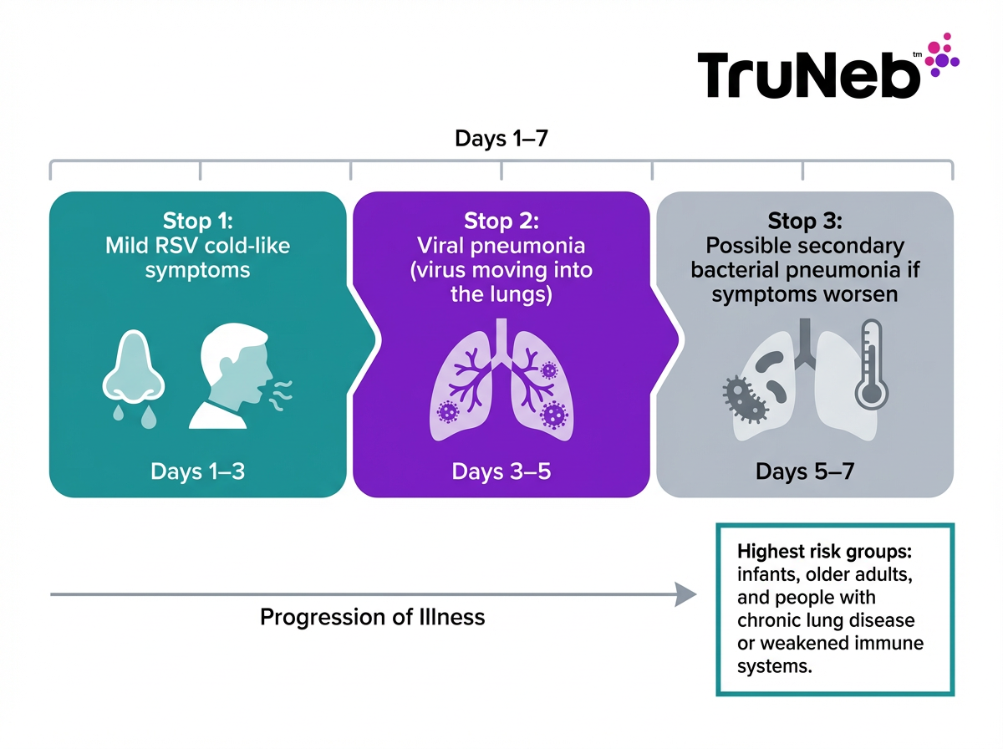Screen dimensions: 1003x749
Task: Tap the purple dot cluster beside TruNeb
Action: coord(941,56)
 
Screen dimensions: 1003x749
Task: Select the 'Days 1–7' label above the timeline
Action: coord(501,138)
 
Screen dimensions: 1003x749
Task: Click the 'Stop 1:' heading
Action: coord(198,222)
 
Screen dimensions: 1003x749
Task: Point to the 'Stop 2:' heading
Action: coord(501,222)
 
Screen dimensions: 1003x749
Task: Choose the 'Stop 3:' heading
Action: coord(804,222)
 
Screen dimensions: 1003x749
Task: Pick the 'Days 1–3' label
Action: coord(198,471)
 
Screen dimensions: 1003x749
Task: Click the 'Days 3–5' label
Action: coord(501,471)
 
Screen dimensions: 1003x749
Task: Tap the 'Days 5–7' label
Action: coord(804,471)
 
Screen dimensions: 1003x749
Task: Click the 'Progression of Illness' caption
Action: coord(373,617)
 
